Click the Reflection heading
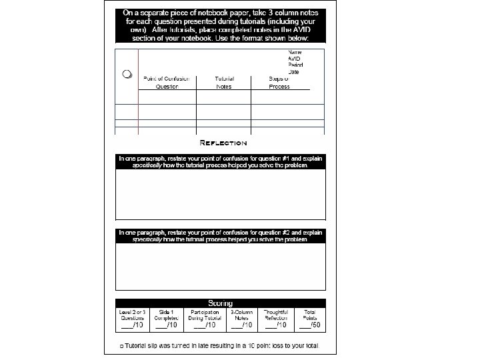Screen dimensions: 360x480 (223, 143)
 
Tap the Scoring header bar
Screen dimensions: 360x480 (221, 303)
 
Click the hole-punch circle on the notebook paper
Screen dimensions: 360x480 (126, 74)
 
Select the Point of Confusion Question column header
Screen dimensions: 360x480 (167, 83)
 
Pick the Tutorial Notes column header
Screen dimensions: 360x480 (223, 83)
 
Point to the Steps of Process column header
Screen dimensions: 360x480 (279, 83)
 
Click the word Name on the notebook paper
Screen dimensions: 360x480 (295, 52)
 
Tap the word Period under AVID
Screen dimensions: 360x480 (295, 65)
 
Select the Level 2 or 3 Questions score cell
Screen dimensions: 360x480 (132, 319)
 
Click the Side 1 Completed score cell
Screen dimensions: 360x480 (167, 319)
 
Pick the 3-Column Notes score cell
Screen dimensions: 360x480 (241, 319)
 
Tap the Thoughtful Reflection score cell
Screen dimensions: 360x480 (276, 319)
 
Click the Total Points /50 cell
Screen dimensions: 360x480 (311, 319)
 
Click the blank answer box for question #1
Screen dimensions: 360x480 (221, 194)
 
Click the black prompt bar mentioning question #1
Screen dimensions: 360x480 (221, 161)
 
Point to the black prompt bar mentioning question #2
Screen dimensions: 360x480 (221, 235)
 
